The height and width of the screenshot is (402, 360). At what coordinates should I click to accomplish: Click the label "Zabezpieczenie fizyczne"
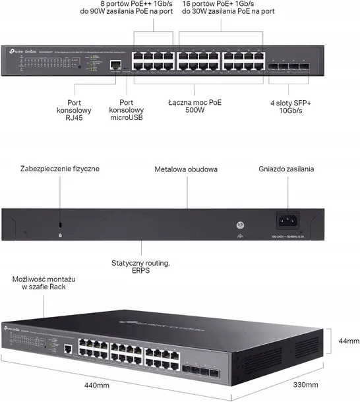click(60, 169)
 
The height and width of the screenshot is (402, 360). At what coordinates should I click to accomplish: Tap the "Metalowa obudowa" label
click(186, 169)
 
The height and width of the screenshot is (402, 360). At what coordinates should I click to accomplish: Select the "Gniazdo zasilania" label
click(285, 169)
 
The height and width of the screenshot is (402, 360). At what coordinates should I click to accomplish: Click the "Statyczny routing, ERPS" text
click(140, 268)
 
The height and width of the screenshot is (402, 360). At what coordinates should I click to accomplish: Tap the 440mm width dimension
click(102, 384)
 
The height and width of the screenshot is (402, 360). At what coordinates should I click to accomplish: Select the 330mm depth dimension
click(305, 384)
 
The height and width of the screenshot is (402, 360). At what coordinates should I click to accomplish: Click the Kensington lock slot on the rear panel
click(60, 225)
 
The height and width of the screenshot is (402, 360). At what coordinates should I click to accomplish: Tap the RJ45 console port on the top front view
click(117, 65)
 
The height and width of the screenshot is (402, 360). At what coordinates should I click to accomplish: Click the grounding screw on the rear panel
click(239, 224)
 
